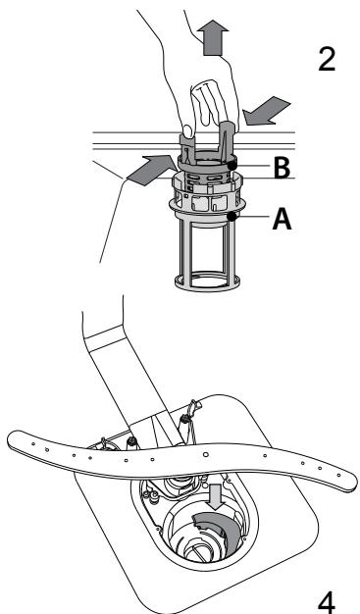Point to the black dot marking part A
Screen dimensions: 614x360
231,216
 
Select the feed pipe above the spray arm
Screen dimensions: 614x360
132,383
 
